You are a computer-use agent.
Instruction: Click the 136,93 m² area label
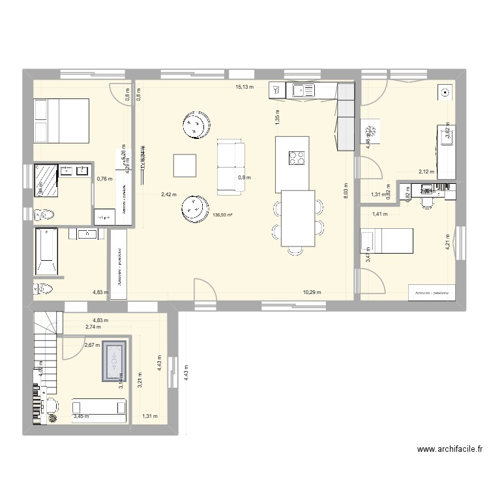(x=223, y=215)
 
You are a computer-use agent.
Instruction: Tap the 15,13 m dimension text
(x=245, y=86)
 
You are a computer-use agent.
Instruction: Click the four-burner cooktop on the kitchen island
(x=297, y=158)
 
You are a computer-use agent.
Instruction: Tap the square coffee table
(x=185, y=166)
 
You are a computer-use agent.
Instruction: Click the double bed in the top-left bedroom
(x=61, y=121)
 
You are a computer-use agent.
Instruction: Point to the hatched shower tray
(x=46, y=180)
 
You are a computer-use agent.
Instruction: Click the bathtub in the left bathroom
(x=46, y=252)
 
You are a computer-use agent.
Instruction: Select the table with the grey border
(x=114, y=361)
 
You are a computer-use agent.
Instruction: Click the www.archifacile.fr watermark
(x=450, y=450)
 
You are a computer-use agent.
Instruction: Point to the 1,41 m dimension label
(x=379, y=214)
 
